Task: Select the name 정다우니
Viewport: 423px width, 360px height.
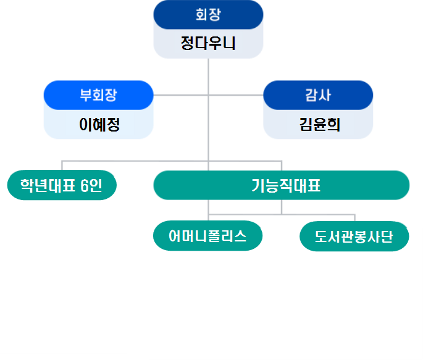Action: (x=208, y=43)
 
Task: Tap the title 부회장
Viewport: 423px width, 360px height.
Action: (x=98, y=96)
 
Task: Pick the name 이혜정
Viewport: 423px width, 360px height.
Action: (x=99, y=124)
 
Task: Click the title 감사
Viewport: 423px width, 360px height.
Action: (x=318, y=96)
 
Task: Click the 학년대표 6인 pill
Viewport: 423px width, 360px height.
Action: (x=61, y=185)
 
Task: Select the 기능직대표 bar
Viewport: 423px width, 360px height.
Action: (x=281, y=185)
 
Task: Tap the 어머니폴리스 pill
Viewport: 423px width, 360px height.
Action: (x=207, y=236)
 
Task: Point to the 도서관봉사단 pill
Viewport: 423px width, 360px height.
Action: (x=354, y=237)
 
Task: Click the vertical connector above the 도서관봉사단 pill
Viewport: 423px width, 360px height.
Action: (x=355, y=218)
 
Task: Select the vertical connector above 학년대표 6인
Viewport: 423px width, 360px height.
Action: (x=62, y=165)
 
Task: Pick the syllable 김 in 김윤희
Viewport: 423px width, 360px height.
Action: (x=306, y=124)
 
